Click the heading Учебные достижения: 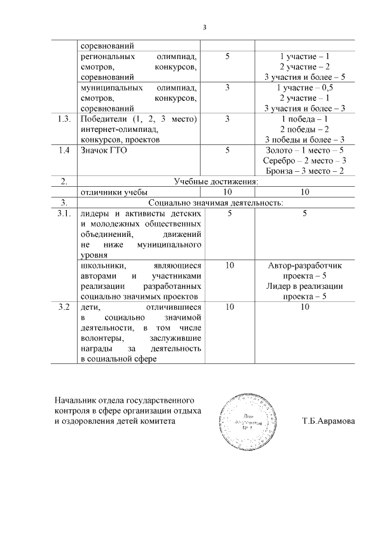[215, 181]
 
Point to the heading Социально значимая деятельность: [215, 202]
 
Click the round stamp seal [245, 421]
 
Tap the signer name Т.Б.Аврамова [328, 421]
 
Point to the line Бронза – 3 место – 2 [304, 171]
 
